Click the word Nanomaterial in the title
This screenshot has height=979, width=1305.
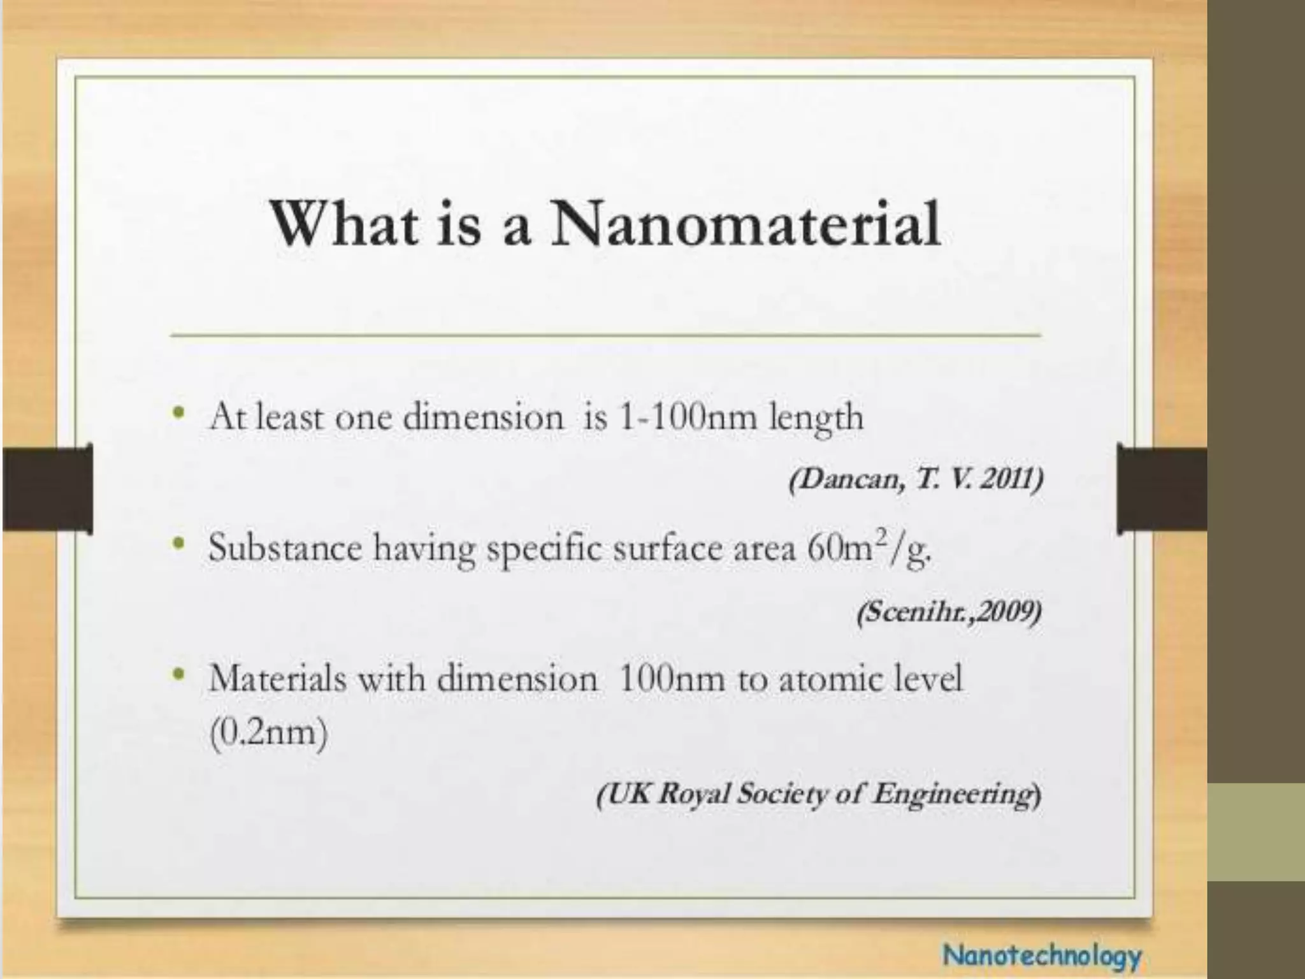(x=746, y=224)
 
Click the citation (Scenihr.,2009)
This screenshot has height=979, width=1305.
(x=949, y=613)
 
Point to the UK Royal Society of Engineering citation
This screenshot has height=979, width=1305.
(x=819, y=794)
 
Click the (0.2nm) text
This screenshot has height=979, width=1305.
(x=268, y=733)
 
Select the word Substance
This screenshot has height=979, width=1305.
(x=284, y=548)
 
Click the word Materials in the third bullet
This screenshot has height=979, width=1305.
(x=278, y=678)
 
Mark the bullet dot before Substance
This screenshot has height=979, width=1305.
(x=182, y=542)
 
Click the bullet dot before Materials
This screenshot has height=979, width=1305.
(x=182, y=672)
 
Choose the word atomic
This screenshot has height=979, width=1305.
(x=828, y=678)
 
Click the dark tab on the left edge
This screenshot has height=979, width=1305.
(x=48, y=488)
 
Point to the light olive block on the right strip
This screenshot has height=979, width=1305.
(x=1256, y=832)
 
